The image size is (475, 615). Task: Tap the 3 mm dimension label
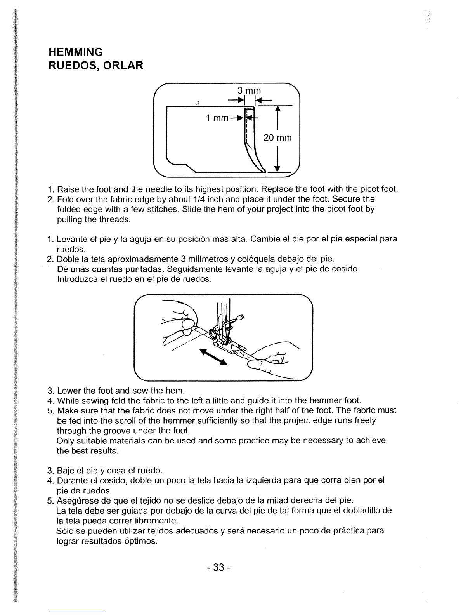(249, 91)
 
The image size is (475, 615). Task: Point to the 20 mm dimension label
(277, 137)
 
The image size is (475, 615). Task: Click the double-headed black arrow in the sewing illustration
(213, 357)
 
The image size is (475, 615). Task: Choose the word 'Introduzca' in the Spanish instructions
(76, 279)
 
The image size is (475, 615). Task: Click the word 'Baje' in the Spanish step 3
(65, 471)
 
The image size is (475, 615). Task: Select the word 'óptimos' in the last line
(142, 541)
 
